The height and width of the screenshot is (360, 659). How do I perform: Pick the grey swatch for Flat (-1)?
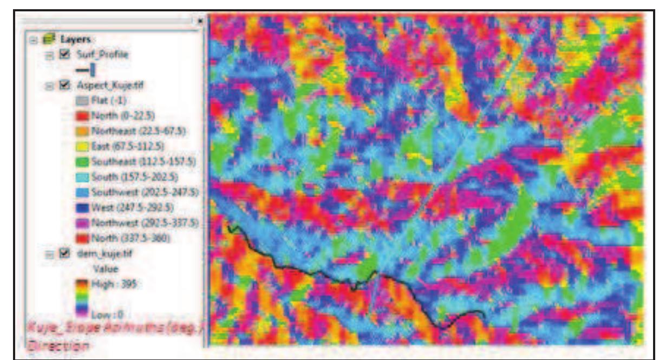82,100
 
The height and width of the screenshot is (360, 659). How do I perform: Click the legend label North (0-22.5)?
116,115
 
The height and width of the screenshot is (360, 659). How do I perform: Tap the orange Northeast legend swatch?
82,130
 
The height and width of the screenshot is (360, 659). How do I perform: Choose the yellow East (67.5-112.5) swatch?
82,146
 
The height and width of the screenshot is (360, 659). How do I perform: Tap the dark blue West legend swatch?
82,207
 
